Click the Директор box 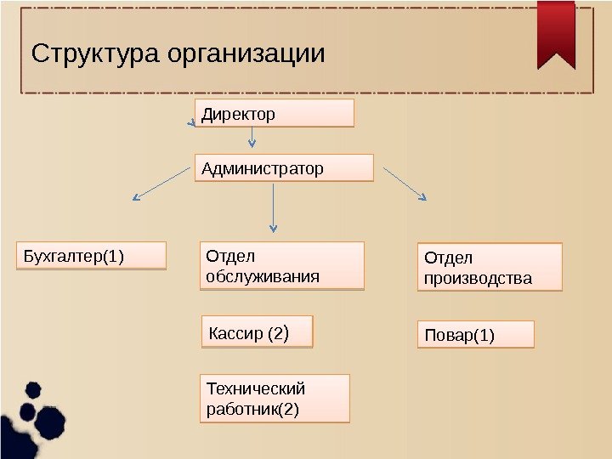tap(275, 113)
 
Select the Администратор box tap(285, 168)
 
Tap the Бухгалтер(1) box tap(91, 256)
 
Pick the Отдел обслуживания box tap(281, 266)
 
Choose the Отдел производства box tap(490, 268)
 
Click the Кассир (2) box tap(258, 333)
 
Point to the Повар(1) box tap(475, 335)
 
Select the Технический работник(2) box tap(274, 399)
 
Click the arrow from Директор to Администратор tap(252, 139)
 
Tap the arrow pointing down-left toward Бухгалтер tap(161, 183)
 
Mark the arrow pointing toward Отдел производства tap(405, 184)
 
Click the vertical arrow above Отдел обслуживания tap(273, 207)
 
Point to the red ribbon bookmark tap(557, 34)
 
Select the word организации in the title tap(246, 54)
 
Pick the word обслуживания tap(263, 276)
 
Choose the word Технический tap(255, 388)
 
